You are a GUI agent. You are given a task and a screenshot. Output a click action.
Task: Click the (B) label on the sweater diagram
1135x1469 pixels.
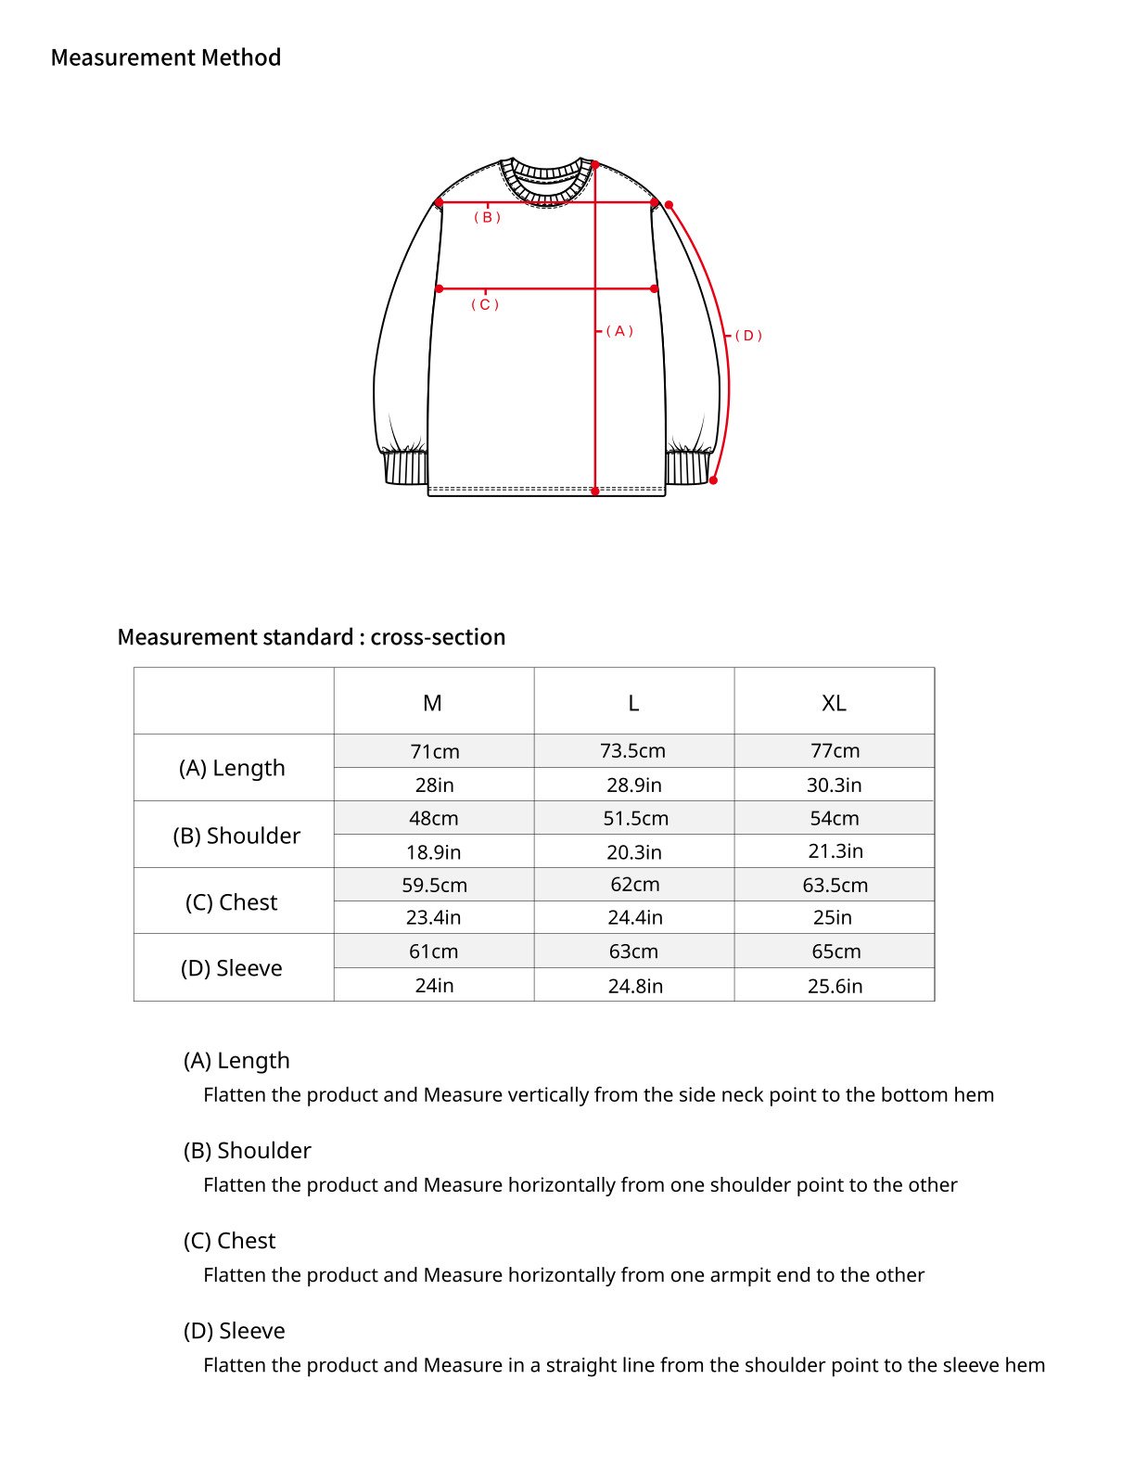point(487,218)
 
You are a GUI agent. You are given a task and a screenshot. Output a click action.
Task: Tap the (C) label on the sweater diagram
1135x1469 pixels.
point(485,305)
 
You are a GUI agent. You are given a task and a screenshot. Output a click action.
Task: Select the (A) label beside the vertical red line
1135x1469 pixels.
point(619,331)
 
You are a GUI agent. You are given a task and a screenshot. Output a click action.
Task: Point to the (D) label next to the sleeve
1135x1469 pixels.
point(748,336)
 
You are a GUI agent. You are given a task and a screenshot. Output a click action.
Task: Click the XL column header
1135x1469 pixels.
point(834,703)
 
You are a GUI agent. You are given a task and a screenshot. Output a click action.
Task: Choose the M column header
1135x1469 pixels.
point(432,703)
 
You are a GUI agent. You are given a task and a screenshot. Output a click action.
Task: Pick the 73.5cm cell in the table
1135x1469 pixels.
point(632,751)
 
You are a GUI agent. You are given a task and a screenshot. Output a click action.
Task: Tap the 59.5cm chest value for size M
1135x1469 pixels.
point(434,885)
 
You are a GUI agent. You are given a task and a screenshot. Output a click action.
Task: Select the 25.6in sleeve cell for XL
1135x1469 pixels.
point(835,986)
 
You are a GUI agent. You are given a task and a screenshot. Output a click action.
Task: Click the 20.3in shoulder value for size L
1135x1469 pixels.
point(634,851)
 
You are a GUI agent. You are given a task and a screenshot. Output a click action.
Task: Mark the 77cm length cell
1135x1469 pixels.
point(835,751)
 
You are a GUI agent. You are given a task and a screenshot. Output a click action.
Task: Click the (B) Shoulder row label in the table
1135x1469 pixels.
point(236,836)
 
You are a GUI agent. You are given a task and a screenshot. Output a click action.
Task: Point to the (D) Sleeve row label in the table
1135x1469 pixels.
point(232,968)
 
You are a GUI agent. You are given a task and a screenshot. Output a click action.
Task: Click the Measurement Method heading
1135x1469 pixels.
point(166,57)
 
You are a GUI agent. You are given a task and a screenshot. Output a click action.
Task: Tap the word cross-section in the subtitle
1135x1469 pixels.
point(438,637)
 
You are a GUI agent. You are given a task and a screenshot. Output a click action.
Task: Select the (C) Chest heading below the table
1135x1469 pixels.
point(229,1241)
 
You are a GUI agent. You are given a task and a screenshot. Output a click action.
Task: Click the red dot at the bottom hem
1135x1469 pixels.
point(595,492)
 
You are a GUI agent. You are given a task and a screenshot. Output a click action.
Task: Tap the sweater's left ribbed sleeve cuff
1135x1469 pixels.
point(404,466)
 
